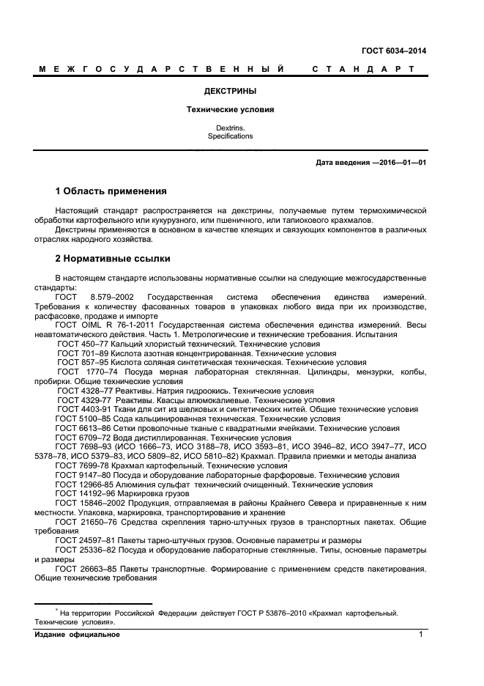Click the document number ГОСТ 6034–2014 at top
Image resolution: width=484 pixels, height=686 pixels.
click(x=394, y=51)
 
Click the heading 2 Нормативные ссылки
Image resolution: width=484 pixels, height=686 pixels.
click(x=113, y=258)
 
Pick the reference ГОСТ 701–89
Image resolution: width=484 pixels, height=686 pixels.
click(x=83, y=353)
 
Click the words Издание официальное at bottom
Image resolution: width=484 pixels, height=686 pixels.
click(x=77, y=635)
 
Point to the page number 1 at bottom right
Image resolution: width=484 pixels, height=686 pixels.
click(x=422, y=635)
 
